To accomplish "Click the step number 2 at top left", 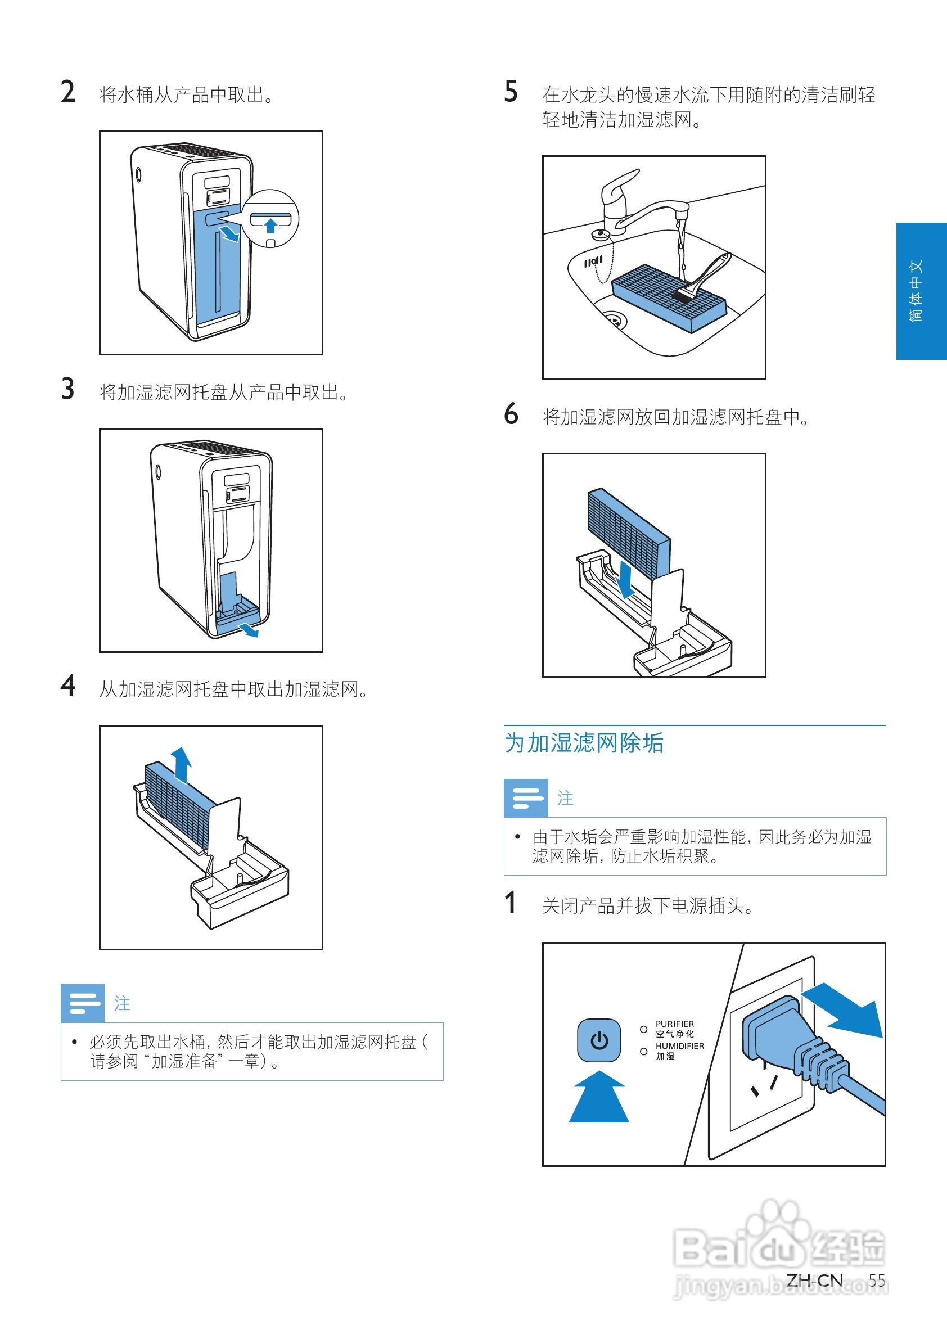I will tap(67, 92).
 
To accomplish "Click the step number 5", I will tap(511, 92).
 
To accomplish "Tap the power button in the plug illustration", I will tap(599, 1040).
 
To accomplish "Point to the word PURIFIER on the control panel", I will tap(675, 1024).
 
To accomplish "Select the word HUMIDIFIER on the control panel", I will tap(679, 1046).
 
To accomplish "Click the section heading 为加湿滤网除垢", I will tap(584, 743).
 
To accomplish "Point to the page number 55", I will tap(877, 1281).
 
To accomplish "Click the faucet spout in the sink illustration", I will tap(680, 211).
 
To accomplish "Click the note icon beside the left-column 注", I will tap(83, 1003).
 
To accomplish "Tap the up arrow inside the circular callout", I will tap(270, 225).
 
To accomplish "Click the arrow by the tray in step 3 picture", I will tap(249, 630).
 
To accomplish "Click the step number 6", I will tap(511, 414).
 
